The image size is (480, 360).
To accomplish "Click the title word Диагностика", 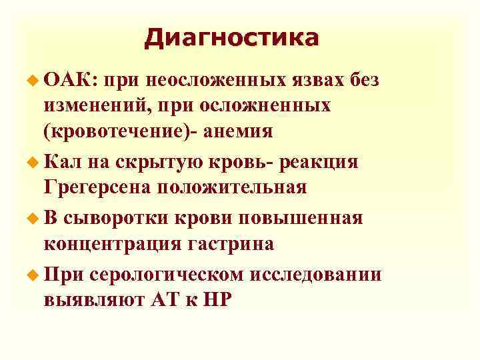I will click(x=231, y=37).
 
